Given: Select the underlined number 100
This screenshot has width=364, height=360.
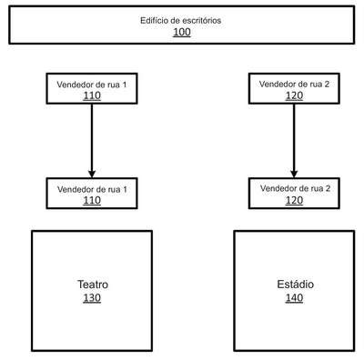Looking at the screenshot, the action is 182,32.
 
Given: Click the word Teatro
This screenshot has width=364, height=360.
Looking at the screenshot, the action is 93,285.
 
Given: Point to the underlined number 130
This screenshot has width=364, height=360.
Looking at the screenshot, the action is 92,298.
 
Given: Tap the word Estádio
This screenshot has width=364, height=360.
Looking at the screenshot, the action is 295,285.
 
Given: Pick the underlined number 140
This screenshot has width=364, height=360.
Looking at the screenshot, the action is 294,298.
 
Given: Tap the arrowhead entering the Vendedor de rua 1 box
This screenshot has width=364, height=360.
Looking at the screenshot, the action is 92,175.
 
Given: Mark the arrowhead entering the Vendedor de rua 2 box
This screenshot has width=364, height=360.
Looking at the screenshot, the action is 294,174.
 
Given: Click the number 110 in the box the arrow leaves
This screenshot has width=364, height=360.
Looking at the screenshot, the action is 92,95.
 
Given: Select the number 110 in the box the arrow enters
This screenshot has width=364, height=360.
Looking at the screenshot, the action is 92,200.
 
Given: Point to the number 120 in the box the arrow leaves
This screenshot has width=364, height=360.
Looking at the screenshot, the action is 294,95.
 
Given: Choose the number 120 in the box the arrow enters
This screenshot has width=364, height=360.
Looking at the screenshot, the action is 294,200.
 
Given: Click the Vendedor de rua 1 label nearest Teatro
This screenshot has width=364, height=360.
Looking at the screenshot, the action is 92,190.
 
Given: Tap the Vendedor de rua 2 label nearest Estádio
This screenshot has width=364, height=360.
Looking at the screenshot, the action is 295,188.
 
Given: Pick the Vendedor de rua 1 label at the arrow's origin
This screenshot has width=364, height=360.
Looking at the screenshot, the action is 92,85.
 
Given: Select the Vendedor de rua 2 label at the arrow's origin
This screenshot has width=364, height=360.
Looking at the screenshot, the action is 294,85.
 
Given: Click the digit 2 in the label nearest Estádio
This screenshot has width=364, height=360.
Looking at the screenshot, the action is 328,188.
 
